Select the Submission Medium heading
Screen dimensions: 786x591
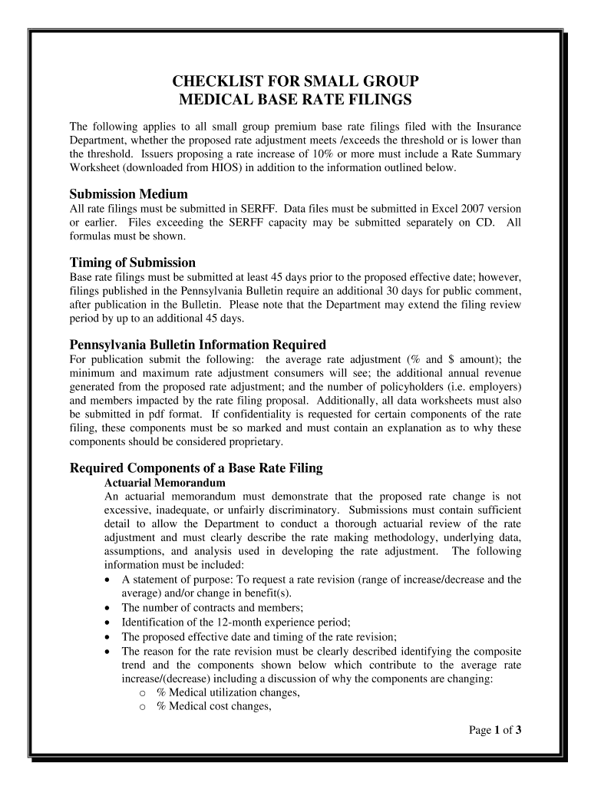128,193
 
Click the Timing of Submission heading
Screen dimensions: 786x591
132,263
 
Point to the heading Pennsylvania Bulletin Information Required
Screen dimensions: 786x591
198,344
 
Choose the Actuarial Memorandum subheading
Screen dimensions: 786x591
164,483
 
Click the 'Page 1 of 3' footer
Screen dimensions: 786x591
496,730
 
